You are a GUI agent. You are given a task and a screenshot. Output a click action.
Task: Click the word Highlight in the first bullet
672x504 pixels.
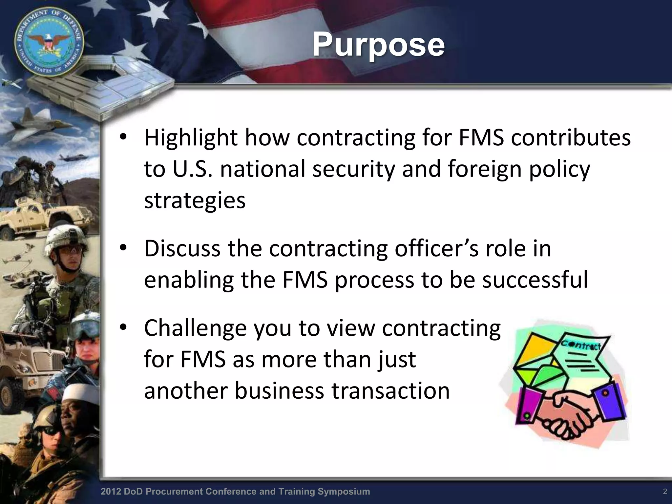pyautogui.click(x=190, y=138)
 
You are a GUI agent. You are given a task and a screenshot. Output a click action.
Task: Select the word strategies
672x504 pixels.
pyautogui.click(x=195, y=201)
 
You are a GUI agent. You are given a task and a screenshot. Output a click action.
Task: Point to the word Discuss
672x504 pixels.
pyautogui.click(x=182, y=249)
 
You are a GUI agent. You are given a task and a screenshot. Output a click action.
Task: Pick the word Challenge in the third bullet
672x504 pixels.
pyautogui.click(x=195, y=328)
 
